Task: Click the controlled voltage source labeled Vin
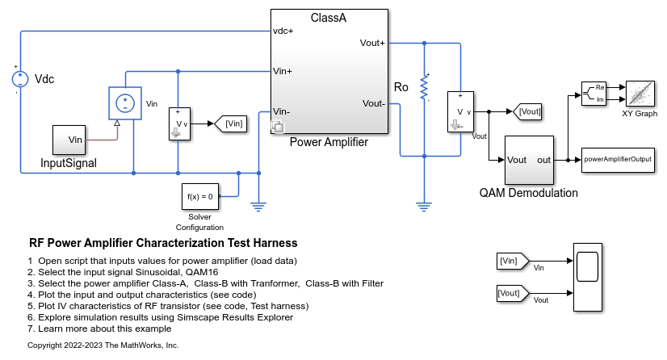pos(124,103)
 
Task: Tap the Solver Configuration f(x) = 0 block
pos(199,196)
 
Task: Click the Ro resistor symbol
pos(422,88)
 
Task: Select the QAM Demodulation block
pos(529,160)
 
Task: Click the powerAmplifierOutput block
pos(618,160)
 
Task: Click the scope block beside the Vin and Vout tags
pos(586,277)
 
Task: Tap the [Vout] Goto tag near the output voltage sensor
pos(527,111)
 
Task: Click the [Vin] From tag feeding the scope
pos(511,261)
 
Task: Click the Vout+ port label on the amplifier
pos(372,43)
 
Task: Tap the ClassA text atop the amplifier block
pos(329,18)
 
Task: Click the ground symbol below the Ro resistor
pos(422,206)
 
